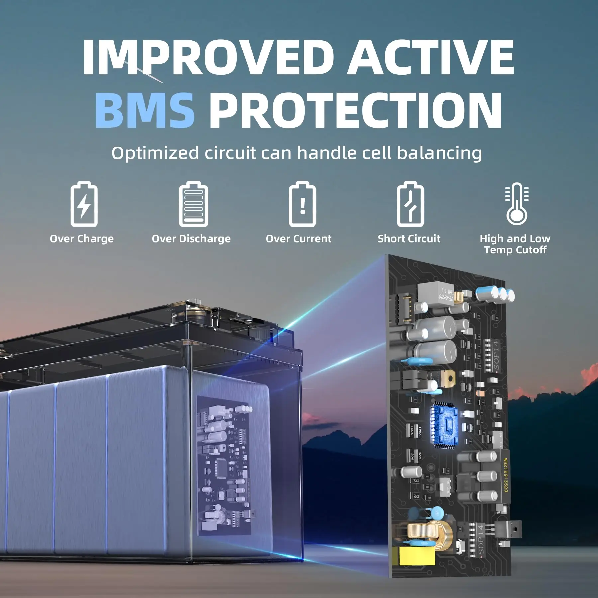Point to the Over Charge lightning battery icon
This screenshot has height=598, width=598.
(x=84, y=204)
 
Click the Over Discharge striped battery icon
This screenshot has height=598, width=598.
(x=193, y=204)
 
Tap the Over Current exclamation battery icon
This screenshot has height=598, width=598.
(x=302, y=204)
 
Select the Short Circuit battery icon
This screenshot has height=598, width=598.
(x=410, y=204)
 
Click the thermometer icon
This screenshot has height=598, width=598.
(x=517, y=204)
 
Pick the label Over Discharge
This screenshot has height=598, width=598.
(x=191, y=239)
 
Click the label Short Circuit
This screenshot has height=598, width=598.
(x=409, y=239)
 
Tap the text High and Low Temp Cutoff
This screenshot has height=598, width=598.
(x=515, y=244)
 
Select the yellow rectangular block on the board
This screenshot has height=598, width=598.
(x=417, y=555)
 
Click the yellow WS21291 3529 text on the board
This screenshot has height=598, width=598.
(x=505, y=475)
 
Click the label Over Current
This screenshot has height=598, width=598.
(x=298, y=239)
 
